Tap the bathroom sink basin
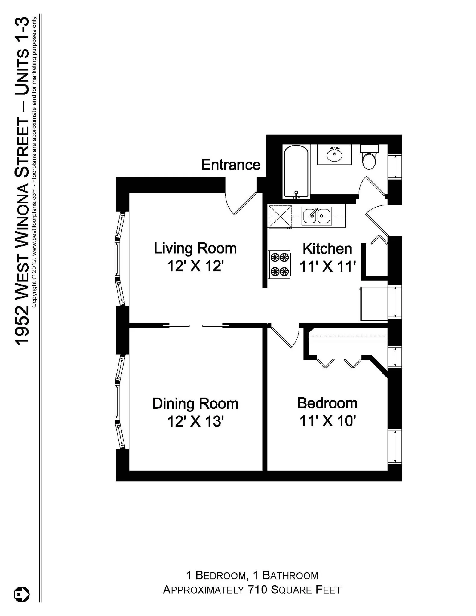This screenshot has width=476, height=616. point(334,155)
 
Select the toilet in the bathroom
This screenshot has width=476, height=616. point(369,161)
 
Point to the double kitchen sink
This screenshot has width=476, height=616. point(317,216)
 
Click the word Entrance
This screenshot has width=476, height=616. point(231,165)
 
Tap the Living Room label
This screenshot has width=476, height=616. point(195,248)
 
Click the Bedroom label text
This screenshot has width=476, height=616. point(327,403)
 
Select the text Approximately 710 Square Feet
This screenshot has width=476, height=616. point(252,590)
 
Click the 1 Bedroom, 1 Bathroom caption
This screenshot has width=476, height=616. point(252,575)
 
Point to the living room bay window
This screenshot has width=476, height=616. point(120,259)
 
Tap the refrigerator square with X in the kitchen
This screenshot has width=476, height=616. point(280,216)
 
